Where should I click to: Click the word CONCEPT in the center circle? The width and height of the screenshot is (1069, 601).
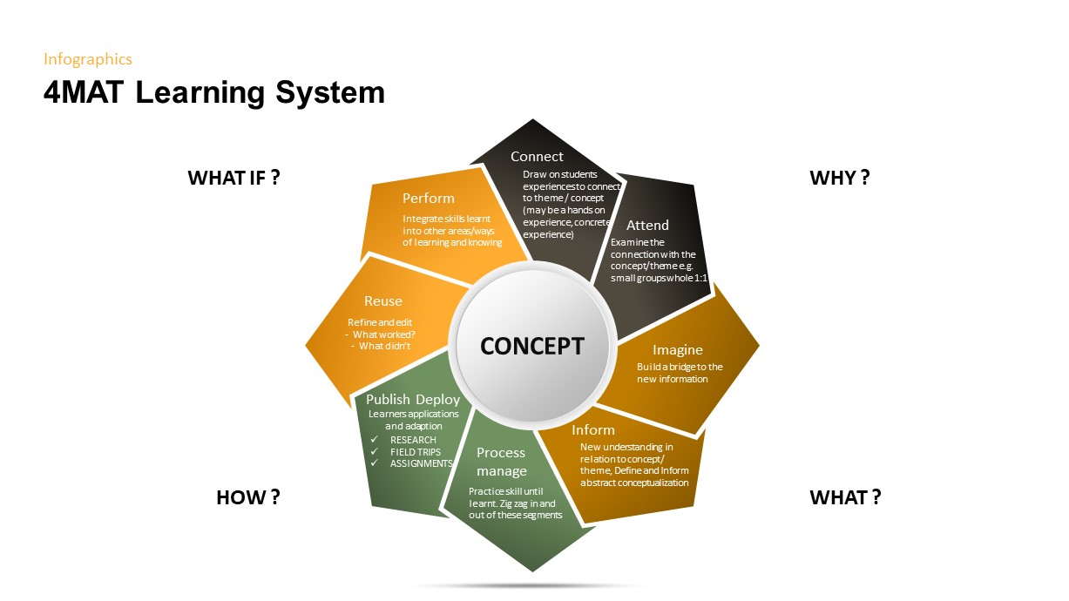(531, 346)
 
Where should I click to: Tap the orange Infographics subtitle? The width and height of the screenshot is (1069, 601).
(88, 59)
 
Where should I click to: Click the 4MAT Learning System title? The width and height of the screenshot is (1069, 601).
(213, 92)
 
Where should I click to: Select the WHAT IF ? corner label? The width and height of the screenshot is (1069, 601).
(233, 178)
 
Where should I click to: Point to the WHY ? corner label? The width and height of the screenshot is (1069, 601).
(840, 178)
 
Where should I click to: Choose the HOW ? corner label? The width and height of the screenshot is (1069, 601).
(247, 497)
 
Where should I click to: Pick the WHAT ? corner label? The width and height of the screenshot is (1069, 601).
(845, 497)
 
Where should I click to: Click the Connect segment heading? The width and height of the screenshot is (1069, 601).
(537, 157)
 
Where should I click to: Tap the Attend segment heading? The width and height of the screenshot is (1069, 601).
(647, 226)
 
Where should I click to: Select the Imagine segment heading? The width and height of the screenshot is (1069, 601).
(677, 350)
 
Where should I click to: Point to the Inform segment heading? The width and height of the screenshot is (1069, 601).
(593, 429)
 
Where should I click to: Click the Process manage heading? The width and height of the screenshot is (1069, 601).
(501, 462)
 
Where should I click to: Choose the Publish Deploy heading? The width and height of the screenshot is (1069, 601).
(413, 399)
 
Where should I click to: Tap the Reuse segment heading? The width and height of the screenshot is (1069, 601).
(383, 301)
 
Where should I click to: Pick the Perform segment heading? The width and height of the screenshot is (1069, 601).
(429, 199)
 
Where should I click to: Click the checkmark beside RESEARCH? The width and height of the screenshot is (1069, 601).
(375, 440)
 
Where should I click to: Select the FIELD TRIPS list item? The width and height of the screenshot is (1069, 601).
(416, 452)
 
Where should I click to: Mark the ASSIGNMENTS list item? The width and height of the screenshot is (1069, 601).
(421, 463)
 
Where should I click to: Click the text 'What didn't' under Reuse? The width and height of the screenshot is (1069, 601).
(384, 346)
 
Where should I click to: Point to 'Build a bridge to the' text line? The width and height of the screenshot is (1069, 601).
(680, 367)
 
